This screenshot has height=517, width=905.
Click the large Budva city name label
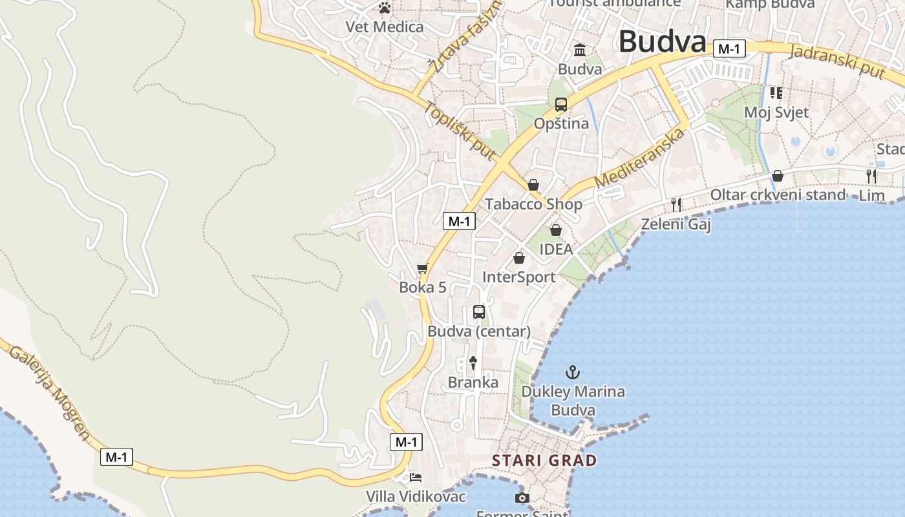click(x=662, y=42)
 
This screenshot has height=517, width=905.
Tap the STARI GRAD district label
click(x=544, y=460)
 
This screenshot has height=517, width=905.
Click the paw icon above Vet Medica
click(x=385, y=8)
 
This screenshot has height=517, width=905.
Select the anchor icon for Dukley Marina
click(x=573, y=372)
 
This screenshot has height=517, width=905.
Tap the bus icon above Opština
click(x=561, y=104)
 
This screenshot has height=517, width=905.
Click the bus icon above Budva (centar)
click(x=479, y=312)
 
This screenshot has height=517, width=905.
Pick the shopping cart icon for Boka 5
click(x=423, y=268)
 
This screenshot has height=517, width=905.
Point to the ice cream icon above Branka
click(x=473, y=363)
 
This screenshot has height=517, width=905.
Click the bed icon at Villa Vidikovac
click(x=416, y=478)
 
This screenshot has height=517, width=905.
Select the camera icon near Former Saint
click(x=522, y=498)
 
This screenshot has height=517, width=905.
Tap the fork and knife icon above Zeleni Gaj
click(x=676, y=205)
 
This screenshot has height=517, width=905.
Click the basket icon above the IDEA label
click(x=556, y=230)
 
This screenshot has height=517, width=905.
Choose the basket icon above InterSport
click(x=519, y=258)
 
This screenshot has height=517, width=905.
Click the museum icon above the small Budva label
click(x=580, y=50)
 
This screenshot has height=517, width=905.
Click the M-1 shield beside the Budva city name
click(x=730, y=48)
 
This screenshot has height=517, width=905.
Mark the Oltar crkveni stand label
click(x=778, y=195)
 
